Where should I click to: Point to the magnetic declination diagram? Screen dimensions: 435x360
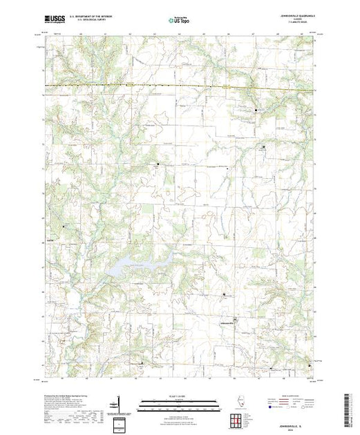(x=120, y=405)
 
